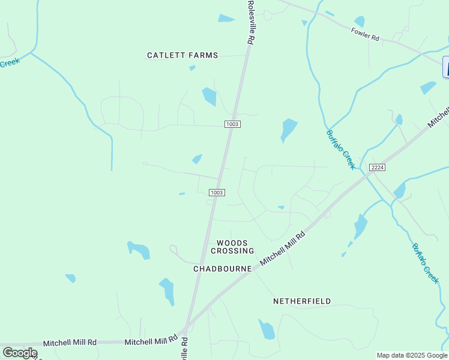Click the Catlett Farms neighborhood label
coord(182,55)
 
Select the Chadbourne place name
coord(222,269)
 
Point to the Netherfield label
coord(302,301)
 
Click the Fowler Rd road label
coord(366,35)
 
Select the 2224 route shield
coord(377,167)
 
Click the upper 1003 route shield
coord(232,124)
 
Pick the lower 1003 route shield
coord(217,193)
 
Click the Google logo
coord(20,353)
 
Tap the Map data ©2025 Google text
coord(412,355)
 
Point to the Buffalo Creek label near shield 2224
coord(341,149)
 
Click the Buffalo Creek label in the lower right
coord(426,263)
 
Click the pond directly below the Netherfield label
coord(267,329)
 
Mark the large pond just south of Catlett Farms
coord(209,96)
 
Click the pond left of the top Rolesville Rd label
coord(226,19)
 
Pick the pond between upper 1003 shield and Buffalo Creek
coord(289,129)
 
